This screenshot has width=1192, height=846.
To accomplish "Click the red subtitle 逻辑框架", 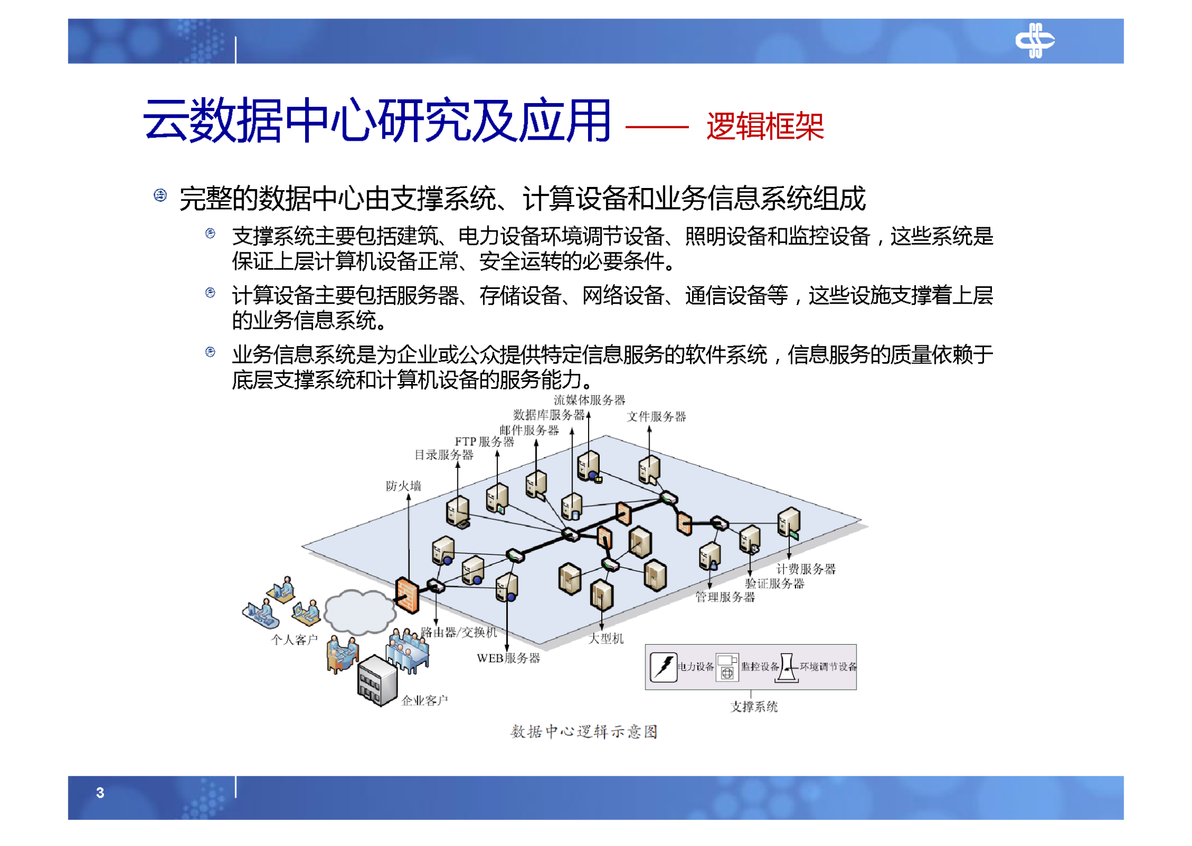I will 764,127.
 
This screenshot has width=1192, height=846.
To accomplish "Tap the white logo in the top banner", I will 1034,40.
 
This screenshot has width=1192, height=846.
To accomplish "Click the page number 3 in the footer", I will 100,792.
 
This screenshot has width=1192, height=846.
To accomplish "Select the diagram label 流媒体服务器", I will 589,400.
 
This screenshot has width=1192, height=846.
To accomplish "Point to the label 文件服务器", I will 656,416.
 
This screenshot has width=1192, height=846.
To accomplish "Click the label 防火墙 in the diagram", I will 403,486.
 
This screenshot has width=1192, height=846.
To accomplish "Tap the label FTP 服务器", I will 484,442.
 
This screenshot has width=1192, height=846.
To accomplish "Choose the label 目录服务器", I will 444,455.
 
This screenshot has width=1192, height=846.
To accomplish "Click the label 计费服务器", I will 806,569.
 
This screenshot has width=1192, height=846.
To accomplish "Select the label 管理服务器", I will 725,597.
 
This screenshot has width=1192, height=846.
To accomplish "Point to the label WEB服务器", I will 508,659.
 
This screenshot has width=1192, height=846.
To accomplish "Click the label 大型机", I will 606,639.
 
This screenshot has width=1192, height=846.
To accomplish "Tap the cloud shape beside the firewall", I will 359,612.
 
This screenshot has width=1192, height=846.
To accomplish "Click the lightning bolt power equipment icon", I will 663,667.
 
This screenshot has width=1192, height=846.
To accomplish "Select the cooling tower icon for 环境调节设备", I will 787,668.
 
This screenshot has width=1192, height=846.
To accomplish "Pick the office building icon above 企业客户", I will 377,681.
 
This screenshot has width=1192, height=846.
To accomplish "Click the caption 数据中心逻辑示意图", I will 584,732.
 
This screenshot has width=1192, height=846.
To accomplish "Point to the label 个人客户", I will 294,640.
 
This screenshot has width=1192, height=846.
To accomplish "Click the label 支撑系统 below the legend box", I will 754,707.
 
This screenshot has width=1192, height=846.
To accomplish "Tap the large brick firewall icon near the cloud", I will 407,595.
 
